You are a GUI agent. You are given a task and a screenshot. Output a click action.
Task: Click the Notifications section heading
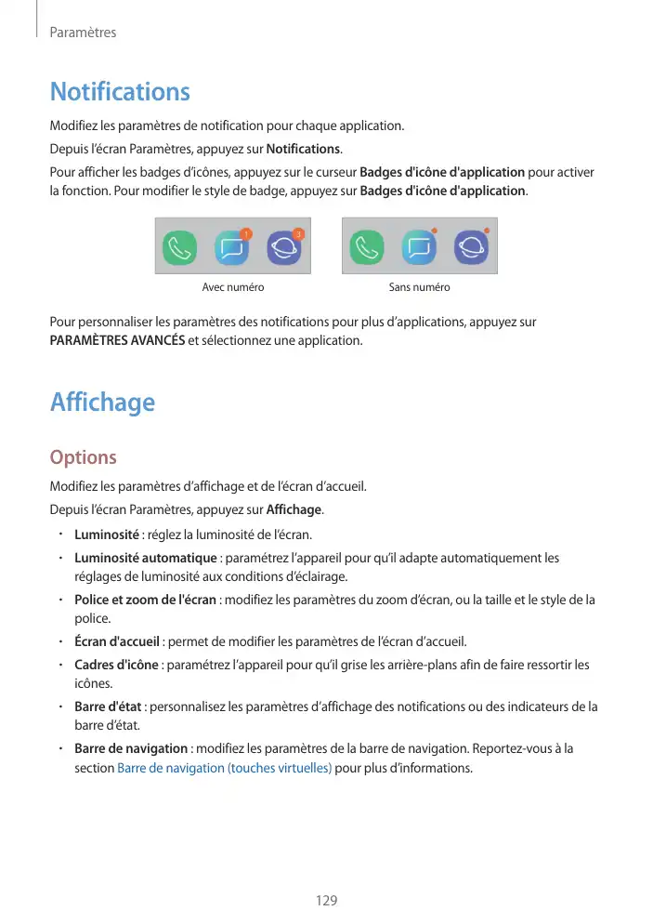(x=120, y=92)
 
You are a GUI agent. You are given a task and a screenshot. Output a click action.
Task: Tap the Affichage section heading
(x=102, y=403)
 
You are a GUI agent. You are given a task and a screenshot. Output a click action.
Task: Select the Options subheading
(x=83, y=457)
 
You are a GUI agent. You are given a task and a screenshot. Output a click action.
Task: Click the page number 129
(x=326, y=901)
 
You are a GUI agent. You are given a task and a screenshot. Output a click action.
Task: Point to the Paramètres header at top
(x=83, y=33)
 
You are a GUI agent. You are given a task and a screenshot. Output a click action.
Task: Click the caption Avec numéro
(x=233, y=287)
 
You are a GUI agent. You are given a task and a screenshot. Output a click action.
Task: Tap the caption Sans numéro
(x=419, y=287)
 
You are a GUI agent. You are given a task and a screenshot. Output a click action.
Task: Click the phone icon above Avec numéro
(x=180, y=249)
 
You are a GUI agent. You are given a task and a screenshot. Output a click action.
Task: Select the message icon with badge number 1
(x=232, y=248)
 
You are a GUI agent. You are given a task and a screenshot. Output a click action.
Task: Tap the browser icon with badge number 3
(x=284, y=248)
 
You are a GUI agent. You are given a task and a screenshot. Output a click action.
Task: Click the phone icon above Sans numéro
(x=366, y=249)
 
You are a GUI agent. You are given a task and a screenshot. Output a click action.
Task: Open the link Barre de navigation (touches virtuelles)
(x=225, y=769)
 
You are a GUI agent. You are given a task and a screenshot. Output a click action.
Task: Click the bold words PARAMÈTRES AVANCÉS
(x=116, y=340)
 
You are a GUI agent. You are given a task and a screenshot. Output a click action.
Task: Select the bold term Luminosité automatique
(x=145, y=558)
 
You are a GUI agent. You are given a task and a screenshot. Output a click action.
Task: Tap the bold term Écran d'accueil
(x=118, y=641)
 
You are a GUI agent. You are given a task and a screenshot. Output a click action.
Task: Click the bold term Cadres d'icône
(x=117, y=665)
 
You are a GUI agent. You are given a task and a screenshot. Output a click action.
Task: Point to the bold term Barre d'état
(x=107, y=706)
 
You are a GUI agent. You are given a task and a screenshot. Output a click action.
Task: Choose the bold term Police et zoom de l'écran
(x=145, y=600)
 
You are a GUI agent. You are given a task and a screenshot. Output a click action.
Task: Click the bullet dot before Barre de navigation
(x=59, y=748)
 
